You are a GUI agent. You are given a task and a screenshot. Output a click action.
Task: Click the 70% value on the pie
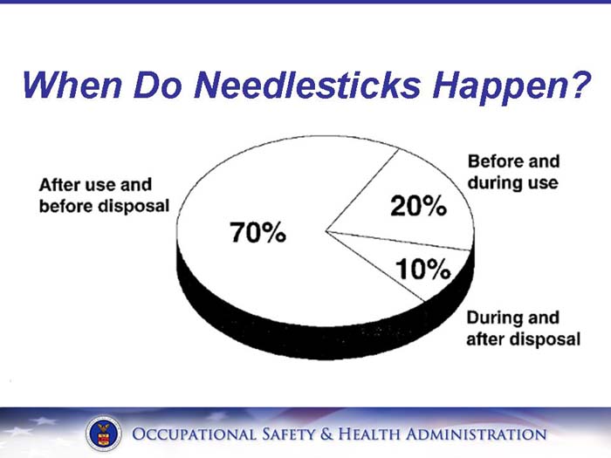[x=257, y=233]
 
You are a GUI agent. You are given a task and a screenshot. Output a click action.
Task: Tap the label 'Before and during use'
[x=513, y=173]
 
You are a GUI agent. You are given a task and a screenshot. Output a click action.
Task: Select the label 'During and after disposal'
[x=522, y=328]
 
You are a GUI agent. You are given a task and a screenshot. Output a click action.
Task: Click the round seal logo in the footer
[x=104, y=434]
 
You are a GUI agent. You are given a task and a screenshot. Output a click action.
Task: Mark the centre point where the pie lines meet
[x=326, y=232]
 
